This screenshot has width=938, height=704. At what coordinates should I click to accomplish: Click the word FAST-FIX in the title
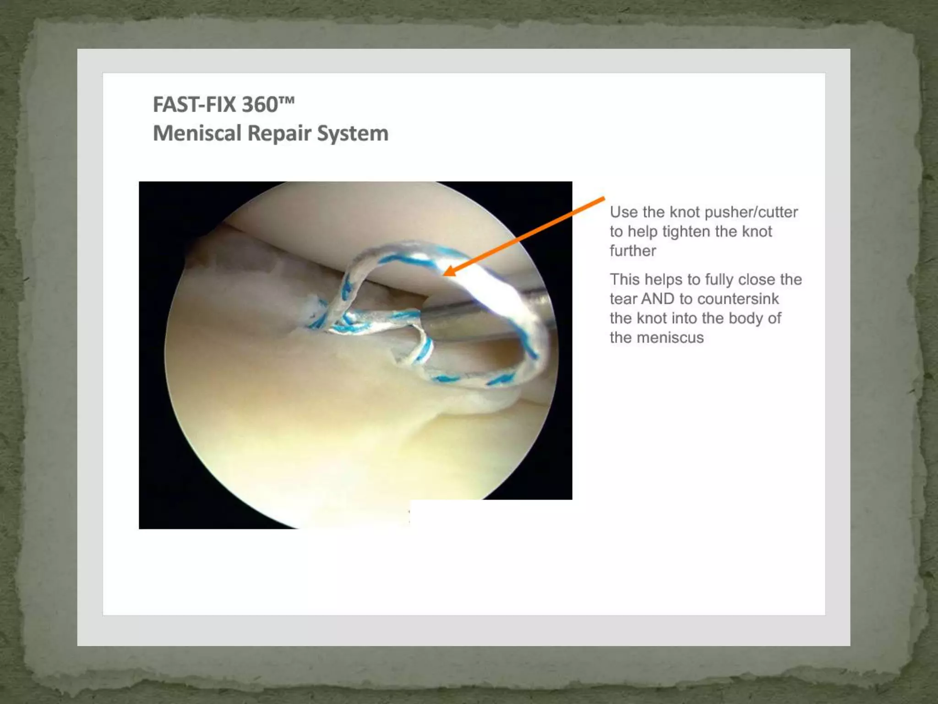point(195,104)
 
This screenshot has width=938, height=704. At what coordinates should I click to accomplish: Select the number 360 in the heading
point(260,104)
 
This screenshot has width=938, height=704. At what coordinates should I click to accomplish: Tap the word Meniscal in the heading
point(197,133)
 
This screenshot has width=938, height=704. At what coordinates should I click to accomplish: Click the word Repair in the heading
point(279,133)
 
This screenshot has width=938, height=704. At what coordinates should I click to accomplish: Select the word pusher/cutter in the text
point(751,212)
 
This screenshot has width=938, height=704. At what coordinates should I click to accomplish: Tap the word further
point(633,251)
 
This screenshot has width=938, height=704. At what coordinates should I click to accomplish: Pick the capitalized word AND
point(658,299)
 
